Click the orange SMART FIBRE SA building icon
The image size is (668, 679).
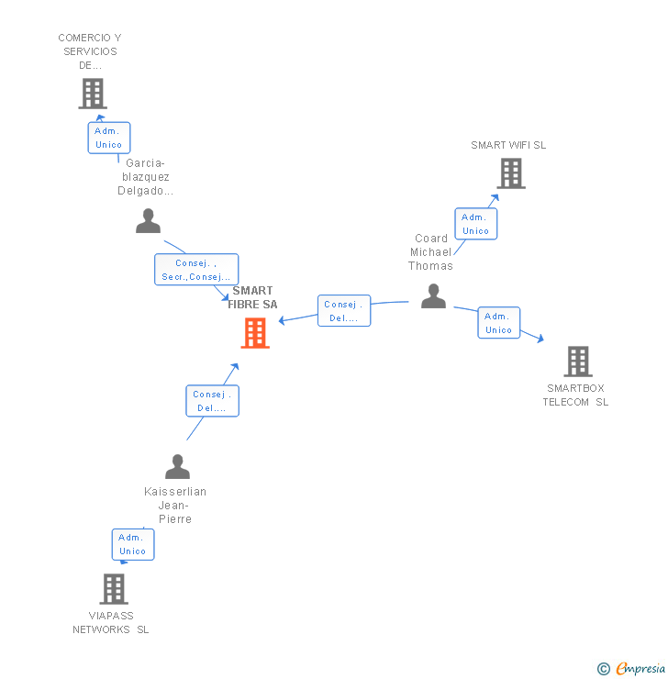(254, 333)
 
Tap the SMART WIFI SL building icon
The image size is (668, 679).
(511, 173)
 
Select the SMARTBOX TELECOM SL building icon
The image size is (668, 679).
(577, 362)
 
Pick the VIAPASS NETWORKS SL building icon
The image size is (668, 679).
(113, 589)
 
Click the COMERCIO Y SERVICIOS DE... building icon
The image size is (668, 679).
(92, 94)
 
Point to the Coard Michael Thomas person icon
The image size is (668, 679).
(433, 296)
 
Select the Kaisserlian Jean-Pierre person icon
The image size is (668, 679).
(177, 467)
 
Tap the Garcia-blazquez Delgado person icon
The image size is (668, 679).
(148, 221)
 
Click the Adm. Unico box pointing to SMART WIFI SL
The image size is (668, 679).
(475, 224)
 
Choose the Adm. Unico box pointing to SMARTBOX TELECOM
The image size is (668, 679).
(498, 323)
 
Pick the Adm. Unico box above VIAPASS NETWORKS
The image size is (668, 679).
(133, 544)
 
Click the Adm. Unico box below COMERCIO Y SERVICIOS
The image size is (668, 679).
(108, 138)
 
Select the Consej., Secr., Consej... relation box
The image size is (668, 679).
(196, 270)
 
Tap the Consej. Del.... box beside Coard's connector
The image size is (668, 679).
(344, 311)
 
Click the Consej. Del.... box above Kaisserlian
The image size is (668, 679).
(212, 401)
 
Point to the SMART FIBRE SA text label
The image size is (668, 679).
(252, 297)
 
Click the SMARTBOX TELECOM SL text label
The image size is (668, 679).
(575, 395)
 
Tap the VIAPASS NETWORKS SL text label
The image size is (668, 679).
(111, 623)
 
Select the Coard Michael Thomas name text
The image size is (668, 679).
(431, 252)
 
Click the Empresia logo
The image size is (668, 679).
(632, 669)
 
